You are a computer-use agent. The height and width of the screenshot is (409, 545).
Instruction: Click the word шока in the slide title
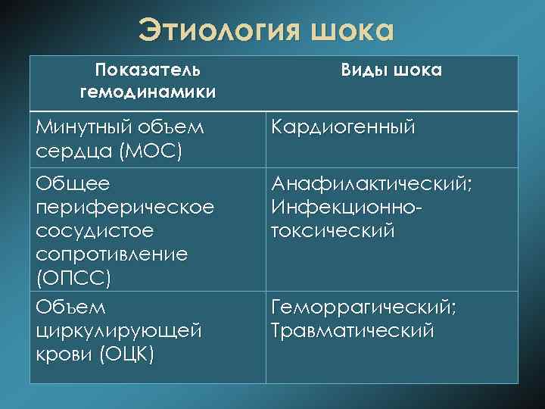(x=352, y=32)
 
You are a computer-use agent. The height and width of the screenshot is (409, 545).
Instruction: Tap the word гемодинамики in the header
(x=148, y=92)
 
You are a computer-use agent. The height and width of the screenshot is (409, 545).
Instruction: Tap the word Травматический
(x=352, y=330)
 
